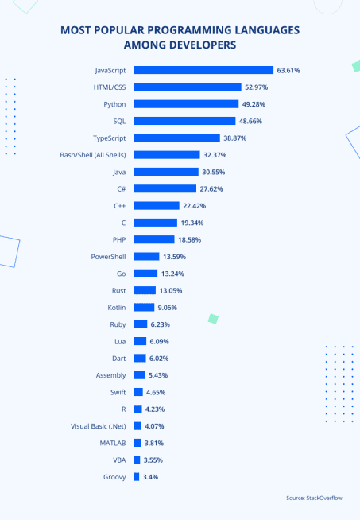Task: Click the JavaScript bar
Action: [x=203, y=70]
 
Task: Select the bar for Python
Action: [x=186, y=103]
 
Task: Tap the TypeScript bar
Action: [x=176, y=138]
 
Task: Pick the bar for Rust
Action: [x=145, y=289]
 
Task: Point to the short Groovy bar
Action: [x=137, y=476]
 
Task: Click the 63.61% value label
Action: [x=289, y=70]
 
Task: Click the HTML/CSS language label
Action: [x=110, y=87]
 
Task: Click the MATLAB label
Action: [x=112, y=442]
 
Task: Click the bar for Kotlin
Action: [x=144, y=307]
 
